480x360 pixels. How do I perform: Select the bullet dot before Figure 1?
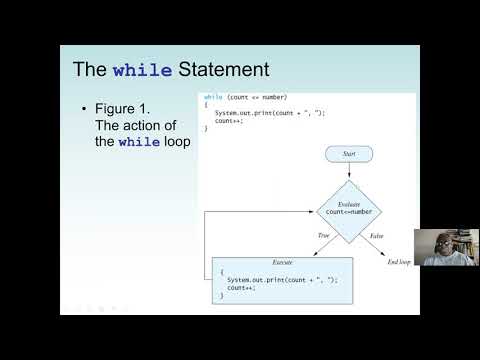[x=83, y=109]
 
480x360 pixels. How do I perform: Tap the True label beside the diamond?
[x=324, y=236]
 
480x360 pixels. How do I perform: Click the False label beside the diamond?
[x=375, y=236]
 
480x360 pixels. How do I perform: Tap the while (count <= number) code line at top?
[x=246, y=97]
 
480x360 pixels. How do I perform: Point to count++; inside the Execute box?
[x=241, y=287]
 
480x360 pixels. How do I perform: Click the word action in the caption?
[x=135, y=125]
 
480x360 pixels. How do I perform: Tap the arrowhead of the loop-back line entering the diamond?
[x=316, y=210]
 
